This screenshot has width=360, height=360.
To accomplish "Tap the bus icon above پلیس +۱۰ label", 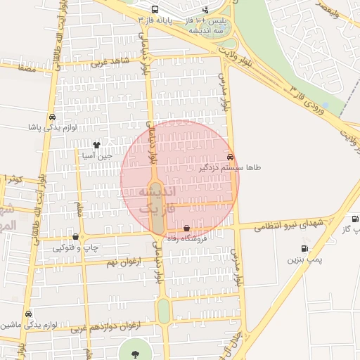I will (x=205, y=10).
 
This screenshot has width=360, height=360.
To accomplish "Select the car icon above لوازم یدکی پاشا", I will (x=53, y=117).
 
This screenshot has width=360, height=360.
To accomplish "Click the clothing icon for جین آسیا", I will (x=107, y=143).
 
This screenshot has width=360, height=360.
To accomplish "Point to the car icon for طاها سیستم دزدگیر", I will (x=231, y=157).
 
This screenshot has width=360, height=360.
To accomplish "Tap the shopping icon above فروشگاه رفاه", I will (x=186, y=228).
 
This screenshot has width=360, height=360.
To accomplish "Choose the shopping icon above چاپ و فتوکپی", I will (x=75, y=237).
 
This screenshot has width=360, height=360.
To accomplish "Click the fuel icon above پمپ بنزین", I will (x=304, y=248).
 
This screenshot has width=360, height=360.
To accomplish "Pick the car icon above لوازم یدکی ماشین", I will (x=28, y=314).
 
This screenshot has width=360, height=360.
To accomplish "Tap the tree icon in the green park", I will (x=134, y=352).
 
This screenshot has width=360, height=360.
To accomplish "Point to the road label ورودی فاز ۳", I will (x=310, y=98).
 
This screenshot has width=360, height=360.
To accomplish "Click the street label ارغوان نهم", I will (x=121, y=262).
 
